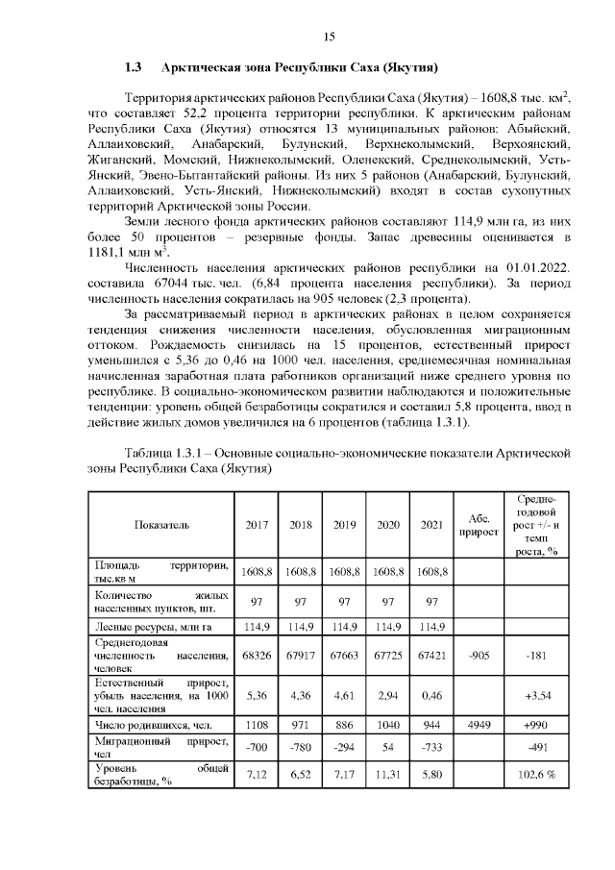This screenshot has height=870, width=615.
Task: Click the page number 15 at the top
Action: click(328, 37)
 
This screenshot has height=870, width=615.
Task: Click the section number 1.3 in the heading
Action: click(134, 69)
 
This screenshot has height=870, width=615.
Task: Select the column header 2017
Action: click(257, 525)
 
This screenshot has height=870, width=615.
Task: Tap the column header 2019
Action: click(344, 525)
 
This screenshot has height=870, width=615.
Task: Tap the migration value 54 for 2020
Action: click(388, 747)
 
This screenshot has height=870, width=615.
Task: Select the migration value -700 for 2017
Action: click(257, 747)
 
